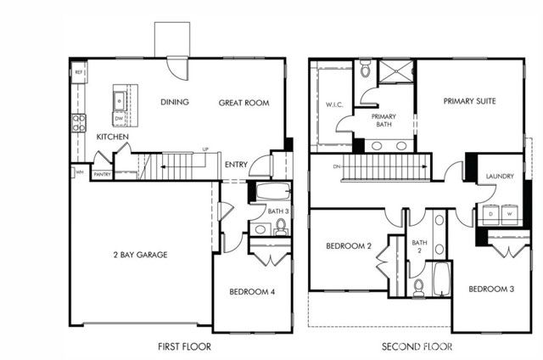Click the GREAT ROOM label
(244, 103)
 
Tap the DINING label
(174, 103)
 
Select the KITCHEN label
(112, 137)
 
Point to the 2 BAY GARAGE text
(140, 254)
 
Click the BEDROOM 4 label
(252, 292)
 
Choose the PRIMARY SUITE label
(469, 101)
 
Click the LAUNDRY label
(500, 177)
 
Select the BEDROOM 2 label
(350, 246)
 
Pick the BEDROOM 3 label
(491, 289)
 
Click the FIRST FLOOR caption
(185, 346)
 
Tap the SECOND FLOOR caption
(417, 346)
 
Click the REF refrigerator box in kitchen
(78, 73)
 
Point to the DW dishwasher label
(120, 119)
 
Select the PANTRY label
(102, 174)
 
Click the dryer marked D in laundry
(490, 215)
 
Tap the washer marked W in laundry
(510, 215)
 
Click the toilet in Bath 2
(418, 286)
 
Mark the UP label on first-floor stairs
(204, 150)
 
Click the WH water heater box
(79, 172)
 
